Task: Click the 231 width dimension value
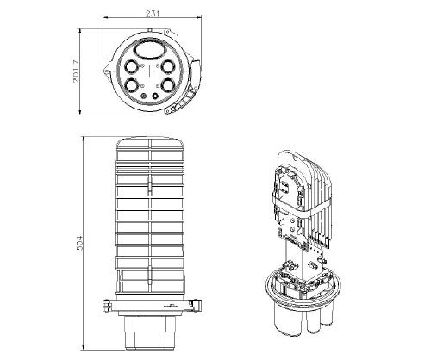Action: pos(153,14)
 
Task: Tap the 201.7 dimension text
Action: pos(76,71)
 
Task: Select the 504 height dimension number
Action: pos(79,243)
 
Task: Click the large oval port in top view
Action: pos(150,51)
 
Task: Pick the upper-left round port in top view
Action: pos(132,66)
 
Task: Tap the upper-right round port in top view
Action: pos(167,66)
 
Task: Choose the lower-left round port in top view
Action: pos(132,85)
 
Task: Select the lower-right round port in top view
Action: pos(167,85)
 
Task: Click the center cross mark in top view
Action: pos(150,71)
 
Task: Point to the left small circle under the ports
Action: pos(143,96)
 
